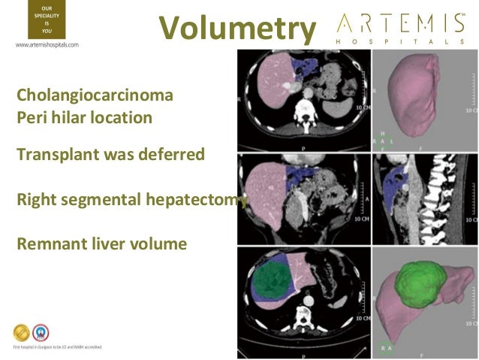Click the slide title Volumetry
pyautogui.click(x=236, y=29)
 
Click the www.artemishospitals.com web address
pyautogui.click(x=47, y=45)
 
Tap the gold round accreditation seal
pyautogui.click(x=22, y=332)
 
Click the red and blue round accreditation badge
pyautogui.click(x=42, y=332)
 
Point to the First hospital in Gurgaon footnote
pyautogui.click(x=57, y=347)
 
